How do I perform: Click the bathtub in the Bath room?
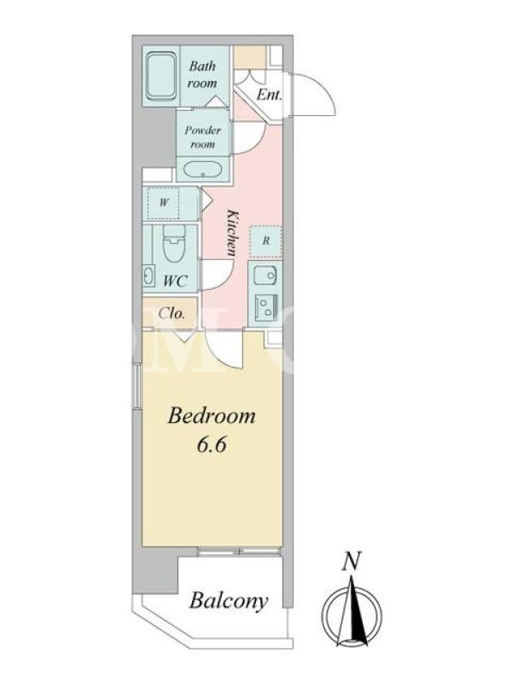(161, 77)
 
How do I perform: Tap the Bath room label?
(202, 74)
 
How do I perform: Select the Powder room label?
(202, 136)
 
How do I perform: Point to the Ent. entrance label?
(269, 94)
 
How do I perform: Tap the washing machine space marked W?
(163, 203)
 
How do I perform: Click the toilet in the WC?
(174, 243)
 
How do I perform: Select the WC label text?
(175, 280)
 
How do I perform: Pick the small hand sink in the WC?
(148, 275)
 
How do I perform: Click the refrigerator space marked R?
(265, 240)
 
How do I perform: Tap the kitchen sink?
(265, 275)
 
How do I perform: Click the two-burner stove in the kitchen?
(265, 307)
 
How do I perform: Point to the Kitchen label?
(233, 232)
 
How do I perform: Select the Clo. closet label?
(172, 313)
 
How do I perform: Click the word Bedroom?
(212, 416)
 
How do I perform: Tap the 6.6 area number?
(212, 445)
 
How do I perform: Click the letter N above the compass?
(352, 561)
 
